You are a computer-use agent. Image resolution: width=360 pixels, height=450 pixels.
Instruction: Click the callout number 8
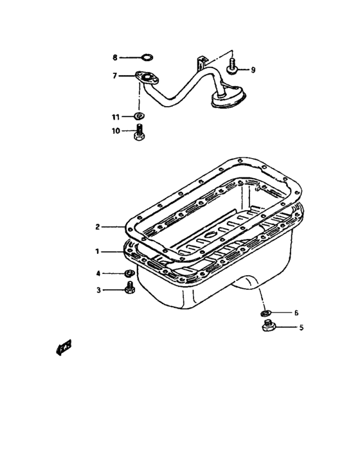click(x=115, y=57)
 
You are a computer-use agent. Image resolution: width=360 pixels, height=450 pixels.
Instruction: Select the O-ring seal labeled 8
click(x=147, y=57)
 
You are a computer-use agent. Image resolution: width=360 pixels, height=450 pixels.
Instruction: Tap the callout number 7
click(x=115, y=75)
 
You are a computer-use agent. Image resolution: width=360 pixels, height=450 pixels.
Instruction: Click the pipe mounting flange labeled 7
click(x=147, y=78)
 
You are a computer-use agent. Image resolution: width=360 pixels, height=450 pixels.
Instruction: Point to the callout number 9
click(x=253, y=69)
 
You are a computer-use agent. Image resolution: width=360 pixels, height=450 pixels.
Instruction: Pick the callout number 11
click(x=116, y=117)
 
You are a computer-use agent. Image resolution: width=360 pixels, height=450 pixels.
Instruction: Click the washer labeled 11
click(x=138, y=117)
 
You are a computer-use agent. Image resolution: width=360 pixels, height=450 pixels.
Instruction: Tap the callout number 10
click(x=116, y=130)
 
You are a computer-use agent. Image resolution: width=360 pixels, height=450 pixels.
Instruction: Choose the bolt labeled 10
click(x=138, y=134)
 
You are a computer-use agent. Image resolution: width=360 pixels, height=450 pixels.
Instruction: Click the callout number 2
click(x=98, y=226)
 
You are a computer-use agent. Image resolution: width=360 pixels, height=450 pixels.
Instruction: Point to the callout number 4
click(x=98, y=273)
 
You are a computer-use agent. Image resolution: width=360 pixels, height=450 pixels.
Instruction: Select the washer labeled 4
click(x=128, y=274)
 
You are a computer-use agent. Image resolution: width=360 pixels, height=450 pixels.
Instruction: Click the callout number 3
click(x=98, y=290)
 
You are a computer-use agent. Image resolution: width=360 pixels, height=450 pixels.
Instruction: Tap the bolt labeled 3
click(x=128, y=290)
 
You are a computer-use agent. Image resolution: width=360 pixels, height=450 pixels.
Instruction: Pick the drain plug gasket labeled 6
click(x=265, y=313)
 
